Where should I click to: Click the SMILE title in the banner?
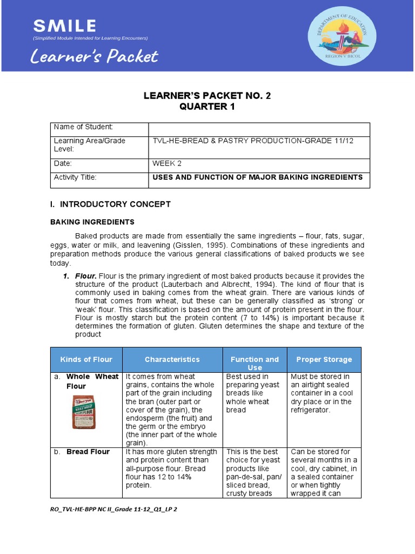click(64, 25)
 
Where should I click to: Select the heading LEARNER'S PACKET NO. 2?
click(207, 96)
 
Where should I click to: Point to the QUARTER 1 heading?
click(207, 107)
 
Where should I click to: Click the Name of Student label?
click(83, 127)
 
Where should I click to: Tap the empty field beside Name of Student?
click(259, 129)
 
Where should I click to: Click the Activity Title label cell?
click(75, 177)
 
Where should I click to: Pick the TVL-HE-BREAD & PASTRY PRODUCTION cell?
click(253, 141)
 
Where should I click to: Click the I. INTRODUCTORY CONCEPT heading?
click(110, 204)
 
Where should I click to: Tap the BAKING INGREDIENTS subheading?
click(92, 222)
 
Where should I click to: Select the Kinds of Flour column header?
click(86, 360)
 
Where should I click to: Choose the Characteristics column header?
click(172, 360)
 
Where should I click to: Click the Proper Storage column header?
click(324, 360)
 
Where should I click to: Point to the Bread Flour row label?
click(88, 452)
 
